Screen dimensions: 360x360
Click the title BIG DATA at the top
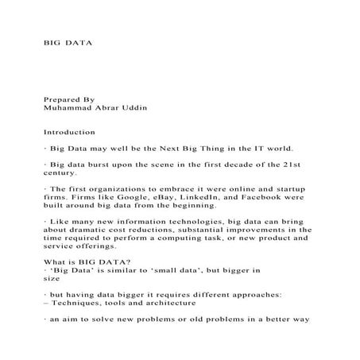pos(68,40)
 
